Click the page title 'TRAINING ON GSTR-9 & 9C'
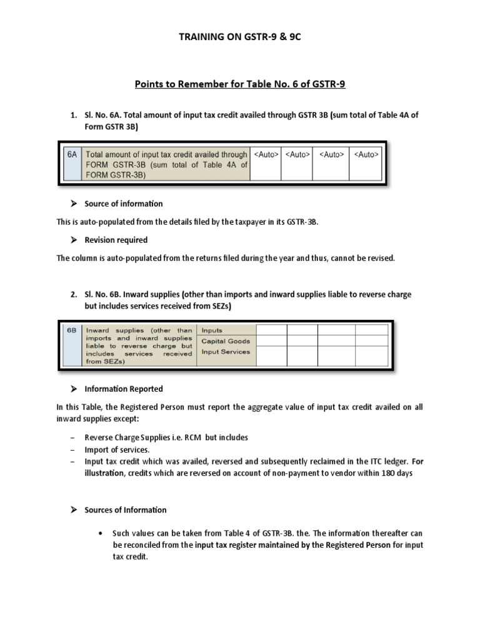(x=239, y=37)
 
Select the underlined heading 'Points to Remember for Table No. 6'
(x=239, y=85)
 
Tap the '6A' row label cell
(x=72, y=155)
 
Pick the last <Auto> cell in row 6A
(x=366, y=155)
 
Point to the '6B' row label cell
(x=73, y=331)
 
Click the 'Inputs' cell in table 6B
(x=212, y=331)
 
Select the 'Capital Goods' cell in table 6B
(x=226, y=341)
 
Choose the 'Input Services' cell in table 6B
(x=226, y=352)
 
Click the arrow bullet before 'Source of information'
(x=73, y=203)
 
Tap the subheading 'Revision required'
(x=116, y=240)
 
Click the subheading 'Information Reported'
(x=124, y=389)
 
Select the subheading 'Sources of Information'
(x=126, y=510)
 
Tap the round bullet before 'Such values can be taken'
(x=101, y=534)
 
